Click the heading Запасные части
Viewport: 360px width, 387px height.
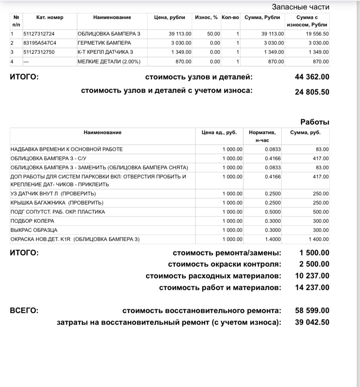point(300,7)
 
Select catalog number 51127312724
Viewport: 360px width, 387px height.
point(39,34)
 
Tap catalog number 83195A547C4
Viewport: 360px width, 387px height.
point(40,43)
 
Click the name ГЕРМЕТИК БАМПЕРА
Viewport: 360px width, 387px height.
point(104,43)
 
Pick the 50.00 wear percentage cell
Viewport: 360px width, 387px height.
point(213,34)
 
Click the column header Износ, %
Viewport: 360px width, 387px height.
point(207,17)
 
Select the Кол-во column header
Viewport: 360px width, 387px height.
point(230,17)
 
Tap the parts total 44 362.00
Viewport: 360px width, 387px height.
point(312,77)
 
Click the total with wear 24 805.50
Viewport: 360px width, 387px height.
point(312,92)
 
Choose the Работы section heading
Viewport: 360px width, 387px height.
point(315,122)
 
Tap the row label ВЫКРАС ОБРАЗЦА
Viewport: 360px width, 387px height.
point(34,230)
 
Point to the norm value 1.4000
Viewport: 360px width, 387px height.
point(273,239)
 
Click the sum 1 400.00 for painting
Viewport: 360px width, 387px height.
point(319,239)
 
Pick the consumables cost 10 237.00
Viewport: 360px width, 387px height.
point(312,276)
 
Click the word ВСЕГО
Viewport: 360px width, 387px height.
point(24,311)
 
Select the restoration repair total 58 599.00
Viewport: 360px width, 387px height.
point(312,311)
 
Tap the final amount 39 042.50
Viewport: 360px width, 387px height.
point(312,322)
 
